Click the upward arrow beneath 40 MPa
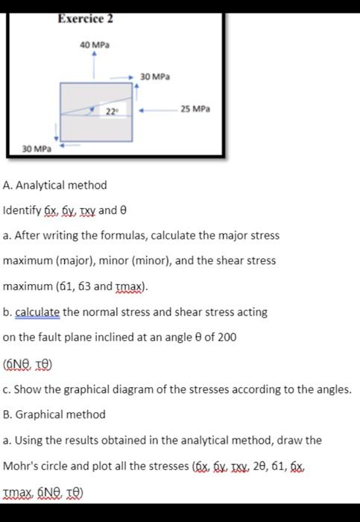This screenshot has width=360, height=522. (x=94, y=64)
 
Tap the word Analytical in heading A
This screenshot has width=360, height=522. (x=45, y=185)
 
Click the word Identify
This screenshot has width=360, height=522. (x=21, y=210)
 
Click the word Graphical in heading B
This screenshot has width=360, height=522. (x=45, y=414)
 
